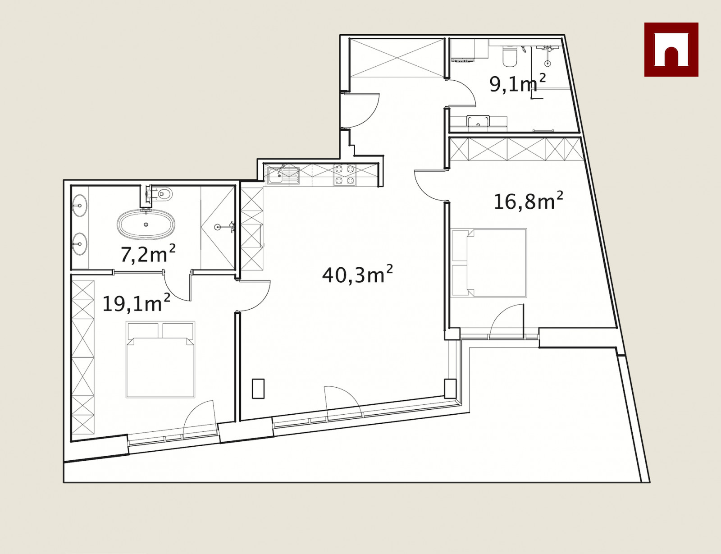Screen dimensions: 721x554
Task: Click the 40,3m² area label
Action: click(x=357, y=274)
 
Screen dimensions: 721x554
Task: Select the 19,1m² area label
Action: click(x=136, y=303)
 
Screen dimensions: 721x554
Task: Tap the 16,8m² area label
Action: click(x=528, y=201)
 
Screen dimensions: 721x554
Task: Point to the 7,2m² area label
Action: click(x=148, y=254)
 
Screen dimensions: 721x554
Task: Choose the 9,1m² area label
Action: click(x=518, y=83)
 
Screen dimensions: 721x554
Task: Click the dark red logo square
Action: click(x=671, y=50)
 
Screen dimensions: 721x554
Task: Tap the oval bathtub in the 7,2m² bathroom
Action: click(x=146, y=224)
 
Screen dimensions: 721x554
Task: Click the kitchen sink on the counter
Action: click(x=283, y=175)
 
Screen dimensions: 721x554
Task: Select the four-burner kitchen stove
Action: click(x=344, y=174)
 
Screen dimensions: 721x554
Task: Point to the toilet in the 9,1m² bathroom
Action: click(x=510, y=56)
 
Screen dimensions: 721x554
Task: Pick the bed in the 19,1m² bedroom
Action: click(x=160, y=359)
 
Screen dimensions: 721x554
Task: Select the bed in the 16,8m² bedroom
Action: click(x=489, y=262)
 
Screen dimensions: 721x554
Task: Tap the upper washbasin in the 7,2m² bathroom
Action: click(x=80, y=206)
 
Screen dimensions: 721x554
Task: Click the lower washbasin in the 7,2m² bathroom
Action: click(x=80, y=244)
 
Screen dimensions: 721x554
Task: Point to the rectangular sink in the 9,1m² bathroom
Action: click(x=478, y=120)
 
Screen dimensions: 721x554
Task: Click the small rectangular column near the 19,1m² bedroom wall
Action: click(x=258, y=389)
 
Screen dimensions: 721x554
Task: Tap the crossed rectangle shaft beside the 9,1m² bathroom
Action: click(x=397, y=58)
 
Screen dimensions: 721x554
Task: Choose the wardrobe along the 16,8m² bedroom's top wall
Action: click(x=516, y=149)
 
